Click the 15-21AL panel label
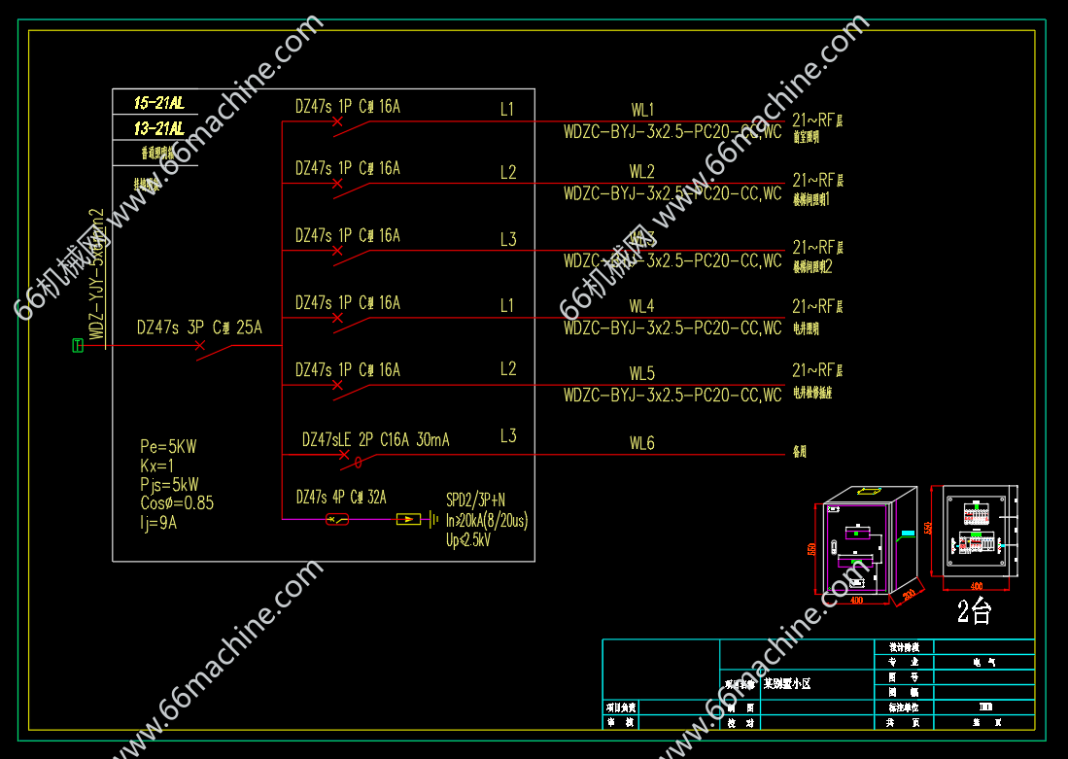point(159,102)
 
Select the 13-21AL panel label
point(159,128)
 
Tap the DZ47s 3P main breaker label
point(199,328)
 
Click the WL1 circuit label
point(642,110)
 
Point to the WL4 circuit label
point(642,307)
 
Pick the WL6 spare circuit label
point(642,443)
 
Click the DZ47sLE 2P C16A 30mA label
point(375,440)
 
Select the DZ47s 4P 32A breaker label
point(341,498)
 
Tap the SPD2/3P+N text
point(475,500)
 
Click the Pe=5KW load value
point(168,447)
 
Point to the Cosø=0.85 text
point(177,503)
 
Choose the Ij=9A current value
point(158,523)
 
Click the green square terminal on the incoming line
point(78,345)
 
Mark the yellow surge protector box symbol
point(408,520)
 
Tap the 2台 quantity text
point(975,611)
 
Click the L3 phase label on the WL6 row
point(508,436)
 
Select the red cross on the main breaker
point(199,346)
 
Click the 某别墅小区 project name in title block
point(786,684)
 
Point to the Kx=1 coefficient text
point(156,466)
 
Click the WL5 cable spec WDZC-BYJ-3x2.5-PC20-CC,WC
point(672,396)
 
